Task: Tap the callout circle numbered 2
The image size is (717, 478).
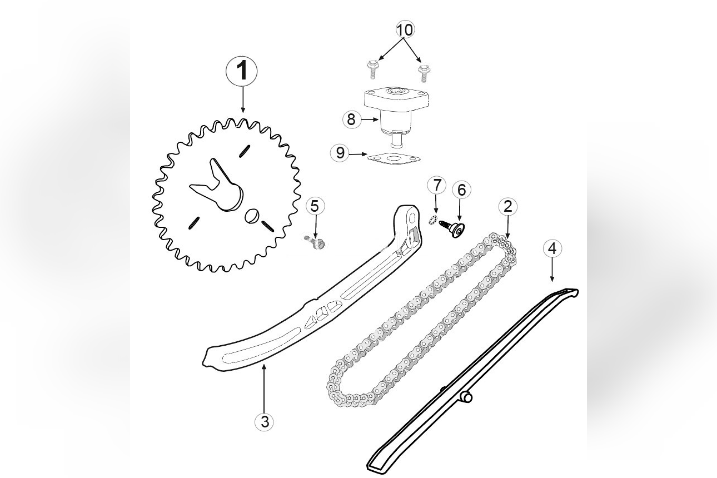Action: click(507, 207)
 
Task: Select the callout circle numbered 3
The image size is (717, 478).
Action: click(265, 422)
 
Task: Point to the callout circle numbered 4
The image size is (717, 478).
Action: click(552, 248)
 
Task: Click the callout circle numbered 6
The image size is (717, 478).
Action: click(461, 190)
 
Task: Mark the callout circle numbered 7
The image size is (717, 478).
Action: click(437, 185)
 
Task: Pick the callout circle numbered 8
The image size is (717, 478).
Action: click(351, 118)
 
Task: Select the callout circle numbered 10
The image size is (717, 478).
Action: click(405, 29)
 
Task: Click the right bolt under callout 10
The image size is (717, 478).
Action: click(424, 72)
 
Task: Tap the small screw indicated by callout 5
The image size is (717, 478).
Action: click(315, 241)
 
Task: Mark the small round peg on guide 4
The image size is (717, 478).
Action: click(467, 398)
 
